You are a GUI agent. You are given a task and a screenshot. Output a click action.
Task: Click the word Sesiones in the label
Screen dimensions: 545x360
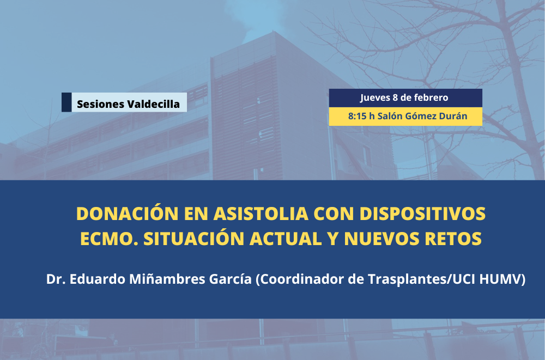(x=100, y=104)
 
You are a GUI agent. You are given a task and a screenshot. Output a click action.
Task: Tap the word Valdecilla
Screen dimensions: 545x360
(x=154, y=104)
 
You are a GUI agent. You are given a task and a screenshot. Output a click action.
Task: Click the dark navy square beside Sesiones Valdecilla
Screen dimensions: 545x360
(x=66, y=102)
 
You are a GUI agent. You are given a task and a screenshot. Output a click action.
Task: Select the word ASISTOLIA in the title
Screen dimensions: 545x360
(x=261, y=213)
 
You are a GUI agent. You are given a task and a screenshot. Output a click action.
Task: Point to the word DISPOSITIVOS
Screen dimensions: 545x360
(x=422, y=213)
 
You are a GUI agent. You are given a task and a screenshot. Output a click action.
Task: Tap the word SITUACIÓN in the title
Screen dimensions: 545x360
(x=194, y=238)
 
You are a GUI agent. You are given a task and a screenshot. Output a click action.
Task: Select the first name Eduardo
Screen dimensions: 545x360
(x=98, y=279)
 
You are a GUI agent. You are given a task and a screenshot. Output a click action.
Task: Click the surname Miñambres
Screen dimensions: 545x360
(x=167, y=279)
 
